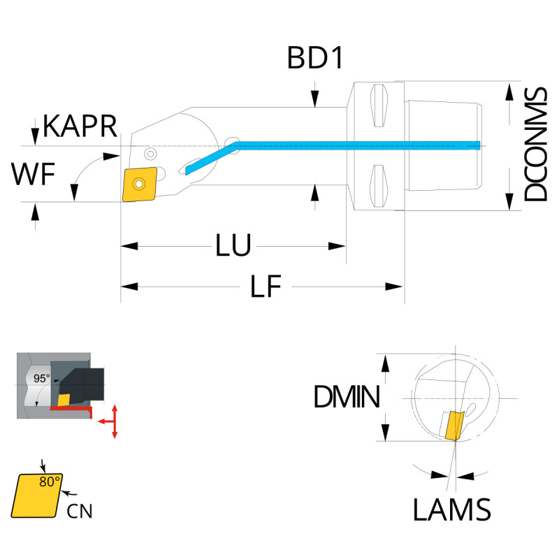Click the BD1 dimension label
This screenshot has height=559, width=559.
pos(315,59)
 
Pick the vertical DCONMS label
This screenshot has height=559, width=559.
pos(536,145)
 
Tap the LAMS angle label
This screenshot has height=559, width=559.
pos(451,510)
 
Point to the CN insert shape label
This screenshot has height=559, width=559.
pos(79,511)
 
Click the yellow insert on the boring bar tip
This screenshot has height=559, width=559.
pos(140,185)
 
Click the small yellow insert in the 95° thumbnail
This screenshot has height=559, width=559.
pos(64,399)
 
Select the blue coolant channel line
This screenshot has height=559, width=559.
pos(349,145)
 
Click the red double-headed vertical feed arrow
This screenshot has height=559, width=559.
pos(115,421)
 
